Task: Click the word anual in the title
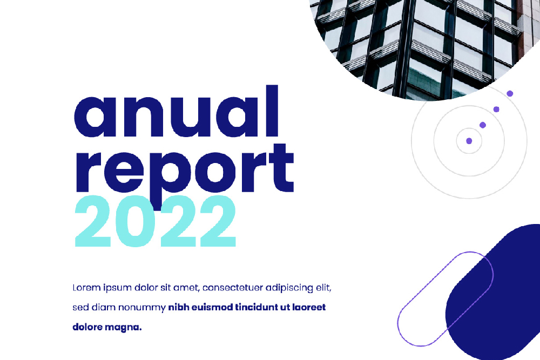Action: (176, 111)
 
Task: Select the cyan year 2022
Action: (156, 221)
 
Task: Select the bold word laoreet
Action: (309, 307)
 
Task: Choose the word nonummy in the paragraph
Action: (142, 308)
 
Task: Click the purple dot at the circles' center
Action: (469, 141)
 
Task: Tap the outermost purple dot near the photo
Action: (510, 93)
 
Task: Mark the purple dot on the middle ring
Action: (483, 125)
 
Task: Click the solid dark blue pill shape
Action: (496, 293)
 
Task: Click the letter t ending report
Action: (282, 167)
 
